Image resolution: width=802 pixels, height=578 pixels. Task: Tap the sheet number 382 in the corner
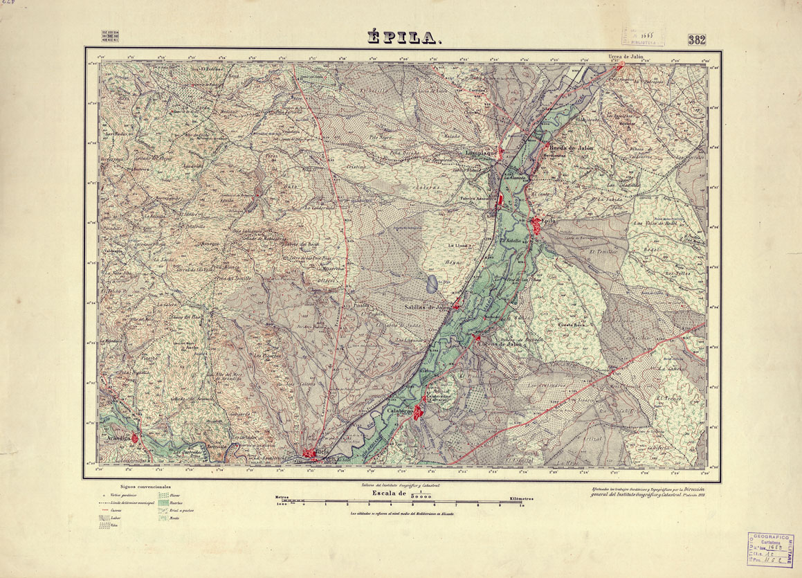click(697, 39)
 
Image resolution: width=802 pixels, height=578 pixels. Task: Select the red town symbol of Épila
click(537, 224)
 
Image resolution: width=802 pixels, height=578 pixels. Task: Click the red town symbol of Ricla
click(309, 454)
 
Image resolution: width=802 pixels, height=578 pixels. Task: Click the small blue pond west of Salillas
click(432, 282)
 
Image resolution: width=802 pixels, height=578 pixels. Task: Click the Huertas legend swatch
click(162, 503)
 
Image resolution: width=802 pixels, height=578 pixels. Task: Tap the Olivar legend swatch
click(162, 496)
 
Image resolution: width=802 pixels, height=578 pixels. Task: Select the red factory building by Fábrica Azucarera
click(498, 200)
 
